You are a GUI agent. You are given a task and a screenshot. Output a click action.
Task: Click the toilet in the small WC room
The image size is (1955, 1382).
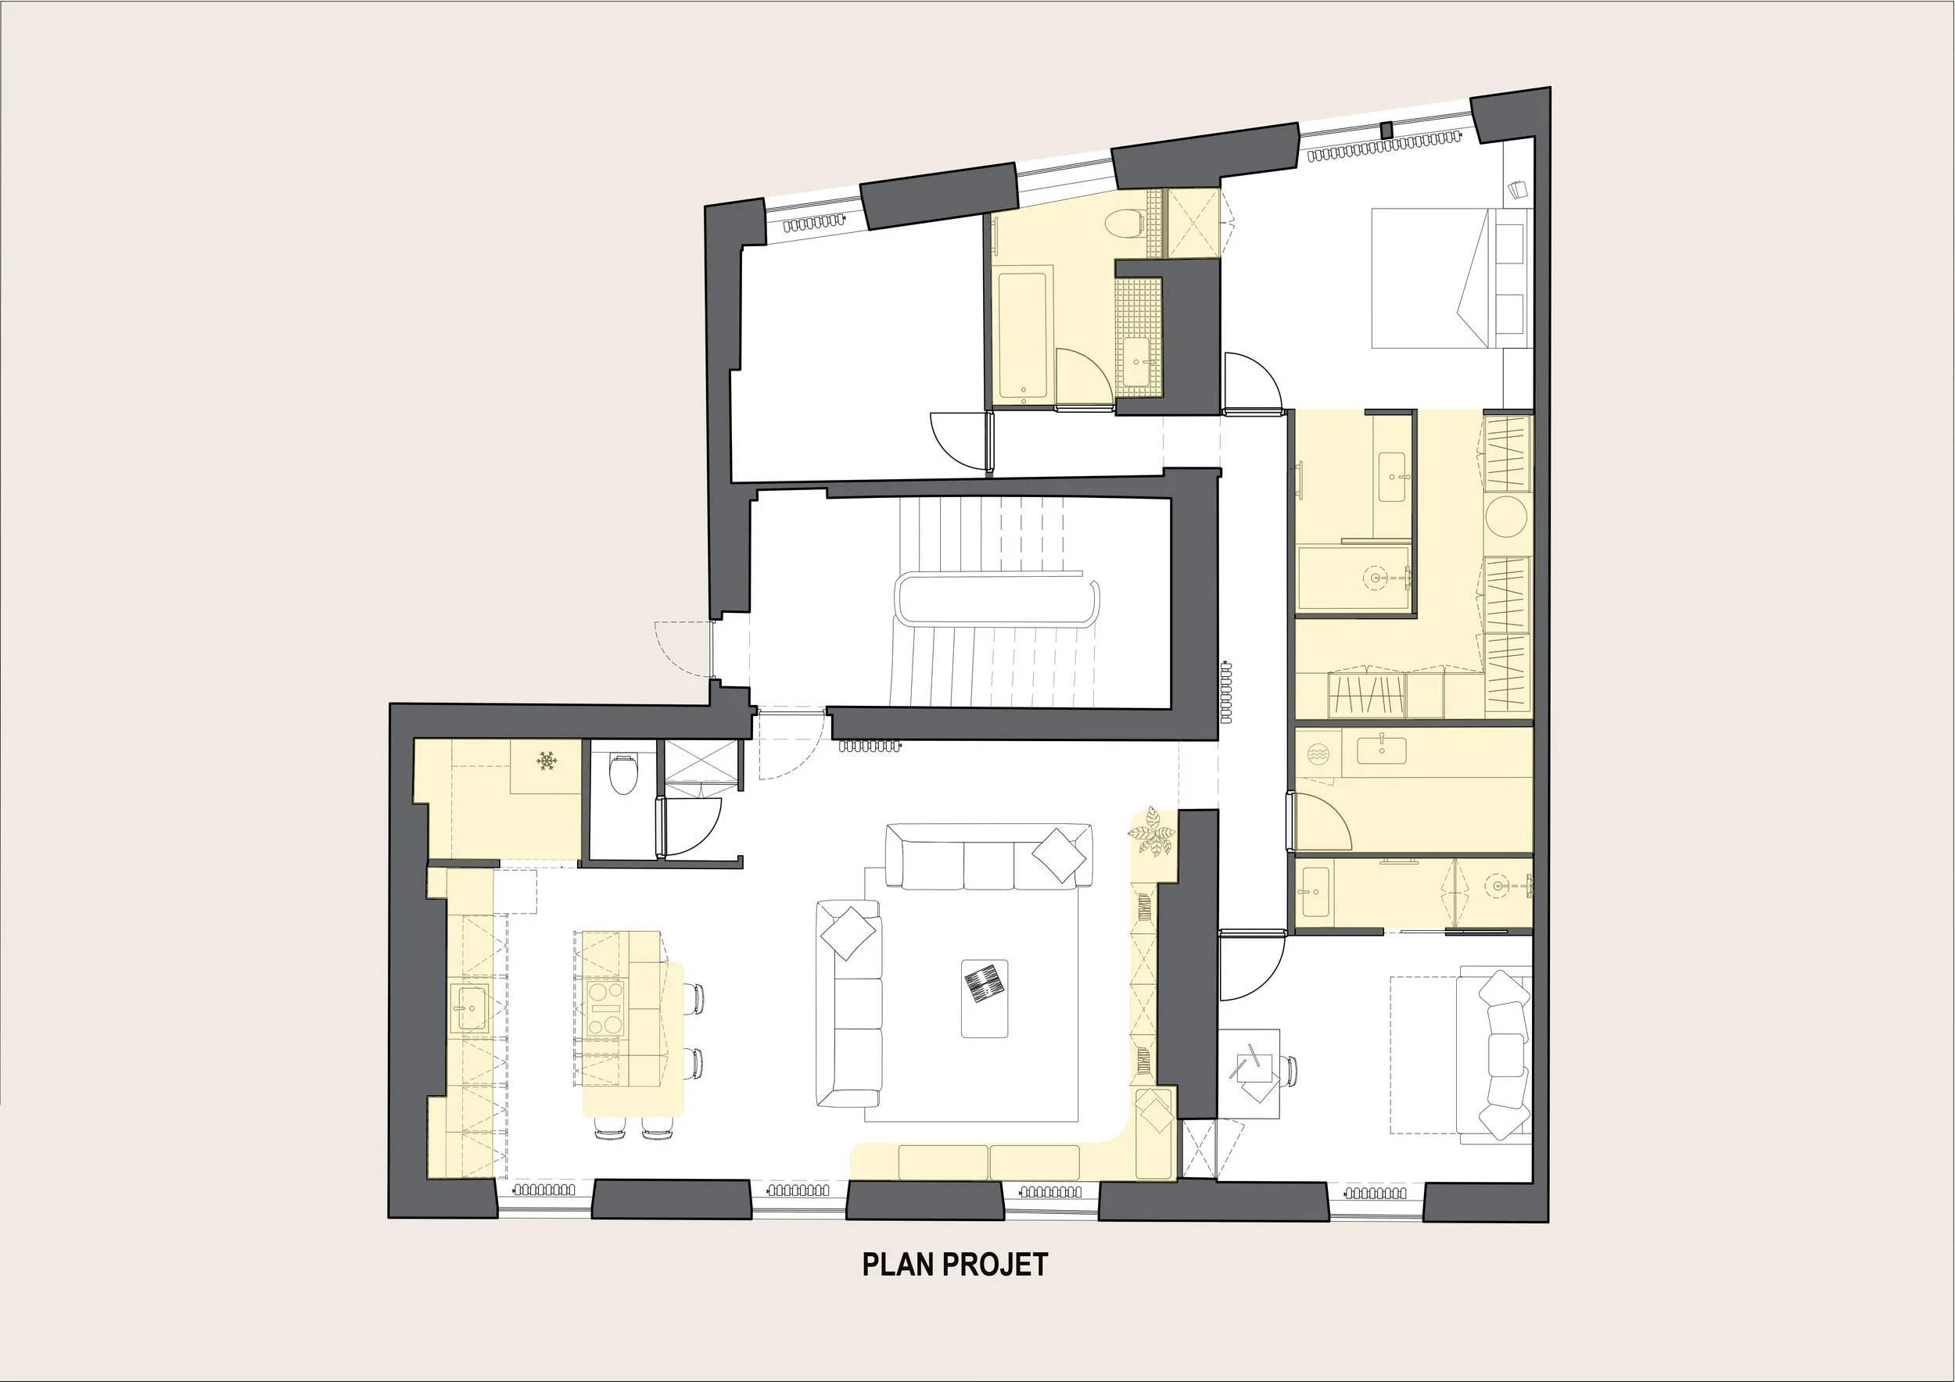point(623,773)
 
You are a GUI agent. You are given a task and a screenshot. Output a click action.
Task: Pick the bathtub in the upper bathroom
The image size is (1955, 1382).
point(1022,336)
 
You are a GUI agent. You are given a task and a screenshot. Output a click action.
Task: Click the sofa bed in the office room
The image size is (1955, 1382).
point(1494,1053)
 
